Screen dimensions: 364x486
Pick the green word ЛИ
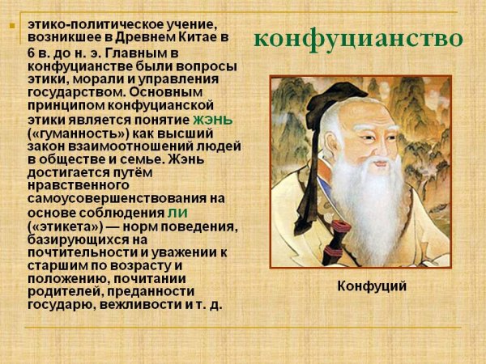pos(177,212)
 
